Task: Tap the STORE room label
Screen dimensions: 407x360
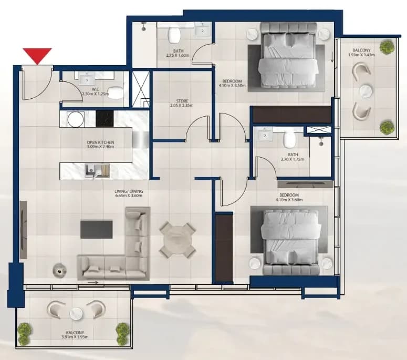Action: click(x=182, y=101)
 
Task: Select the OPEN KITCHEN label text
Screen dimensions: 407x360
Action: click(x=100, y=142)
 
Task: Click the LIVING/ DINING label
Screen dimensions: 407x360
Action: click(x=129, y=191)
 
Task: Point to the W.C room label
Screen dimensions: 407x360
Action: click(x=95, y=90)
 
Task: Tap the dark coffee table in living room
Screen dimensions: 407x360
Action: click(x=96, y=229)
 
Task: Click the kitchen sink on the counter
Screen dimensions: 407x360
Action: click(x=90, y=171)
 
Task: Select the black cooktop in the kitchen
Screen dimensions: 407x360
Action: click(x=105, y=119)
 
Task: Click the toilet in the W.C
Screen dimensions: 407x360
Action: click(x=115, y=92)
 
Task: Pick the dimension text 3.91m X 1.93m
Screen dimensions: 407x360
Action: click(x=75, y=337)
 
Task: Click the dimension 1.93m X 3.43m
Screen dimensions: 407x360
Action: click(x=361, y=55)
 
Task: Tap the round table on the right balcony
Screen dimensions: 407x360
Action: click(x=366, y=91)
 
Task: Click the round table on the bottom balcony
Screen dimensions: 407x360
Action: click(x=76, y=313)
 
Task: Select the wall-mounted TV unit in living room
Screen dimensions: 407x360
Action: click(x=23, y=229)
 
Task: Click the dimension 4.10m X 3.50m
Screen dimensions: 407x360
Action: click(x=232, y=85)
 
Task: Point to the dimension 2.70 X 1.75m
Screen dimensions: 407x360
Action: click(x=293, y=159)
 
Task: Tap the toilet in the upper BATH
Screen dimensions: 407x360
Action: click(x=174, y=36)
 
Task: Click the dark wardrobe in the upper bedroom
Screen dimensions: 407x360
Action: click(x=292, y=114)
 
